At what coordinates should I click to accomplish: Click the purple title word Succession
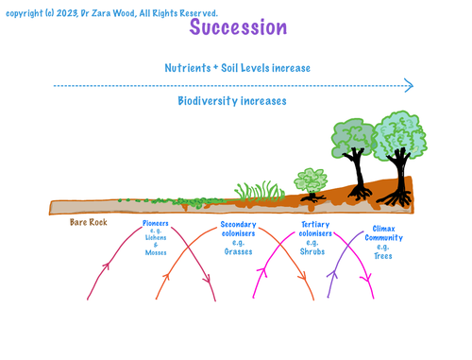pyautogui.click(x=238, y=27)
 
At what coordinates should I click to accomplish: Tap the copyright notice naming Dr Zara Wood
pyautogui.click(x=111, y=13)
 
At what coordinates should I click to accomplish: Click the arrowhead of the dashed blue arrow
pyautogui.click(x=409, y=86)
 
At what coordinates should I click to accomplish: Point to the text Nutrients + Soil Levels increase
pyautogui.click(x=237, y=68)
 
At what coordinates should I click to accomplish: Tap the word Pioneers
pyautogui.click(x=155, y=224)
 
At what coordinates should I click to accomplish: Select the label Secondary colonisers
pyautogui.click(x=238, y=230)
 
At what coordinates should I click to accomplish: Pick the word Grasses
pyautogui.click(x=238, y=251)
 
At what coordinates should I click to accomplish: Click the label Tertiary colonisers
pyautogui.click(x=314, y=230)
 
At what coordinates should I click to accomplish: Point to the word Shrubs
pyautogui.click(x=314, y=251)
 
